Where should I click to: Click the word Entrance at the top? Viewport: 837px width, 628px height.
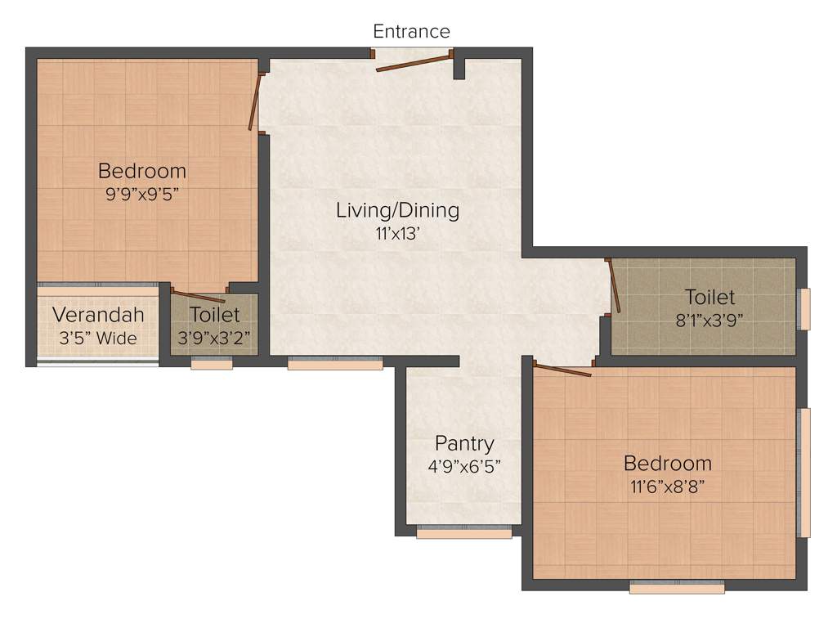(411, 31)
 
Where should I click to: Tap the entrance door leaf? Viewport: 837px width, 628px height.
(413, 63)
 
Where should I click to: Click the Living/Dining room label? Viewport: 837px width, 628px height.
(397, 210)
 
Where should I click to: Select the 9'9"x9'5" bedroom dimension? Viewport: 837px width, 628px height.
(141, 195)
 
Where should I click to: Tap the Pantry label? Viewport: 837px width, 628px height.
(463, 444)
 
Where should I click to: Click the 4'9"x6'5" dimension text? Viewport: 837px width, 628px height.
(463, 466)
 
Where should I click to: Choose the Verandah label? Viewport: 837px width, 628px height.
(98, 315)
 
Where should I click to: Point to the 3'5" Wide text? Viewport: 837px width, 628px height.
(98, 337)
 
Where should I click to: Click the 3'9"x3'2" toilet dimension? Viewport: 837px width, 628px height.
(214, 337)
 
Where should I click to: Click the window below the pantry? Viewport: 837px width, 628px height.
(463, 533)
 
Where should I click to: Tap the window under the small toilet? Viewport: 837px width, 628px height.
(212, 364)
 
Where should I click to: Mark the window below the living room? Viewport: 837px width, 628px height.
(335, 364)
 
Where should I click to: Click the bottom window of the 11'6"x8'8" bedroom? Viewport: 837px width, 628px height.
(677, 586)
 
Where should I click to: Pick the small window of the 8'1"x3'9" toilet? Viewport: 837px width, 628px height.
(803, 309)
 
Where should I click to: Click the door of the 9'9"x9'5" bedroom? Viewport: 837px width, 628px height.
(255, 102)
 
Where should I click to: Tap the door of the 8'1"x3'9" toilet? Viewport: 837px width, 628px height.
(614, 286)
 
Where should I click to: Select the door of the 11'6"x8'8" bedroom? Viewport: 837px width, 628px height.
(562, 370)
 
